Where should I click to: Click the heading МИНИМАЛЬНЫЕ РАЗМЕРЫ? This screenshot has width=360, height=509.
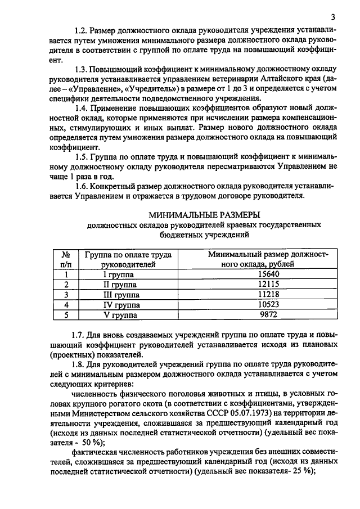coord(204,215)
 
